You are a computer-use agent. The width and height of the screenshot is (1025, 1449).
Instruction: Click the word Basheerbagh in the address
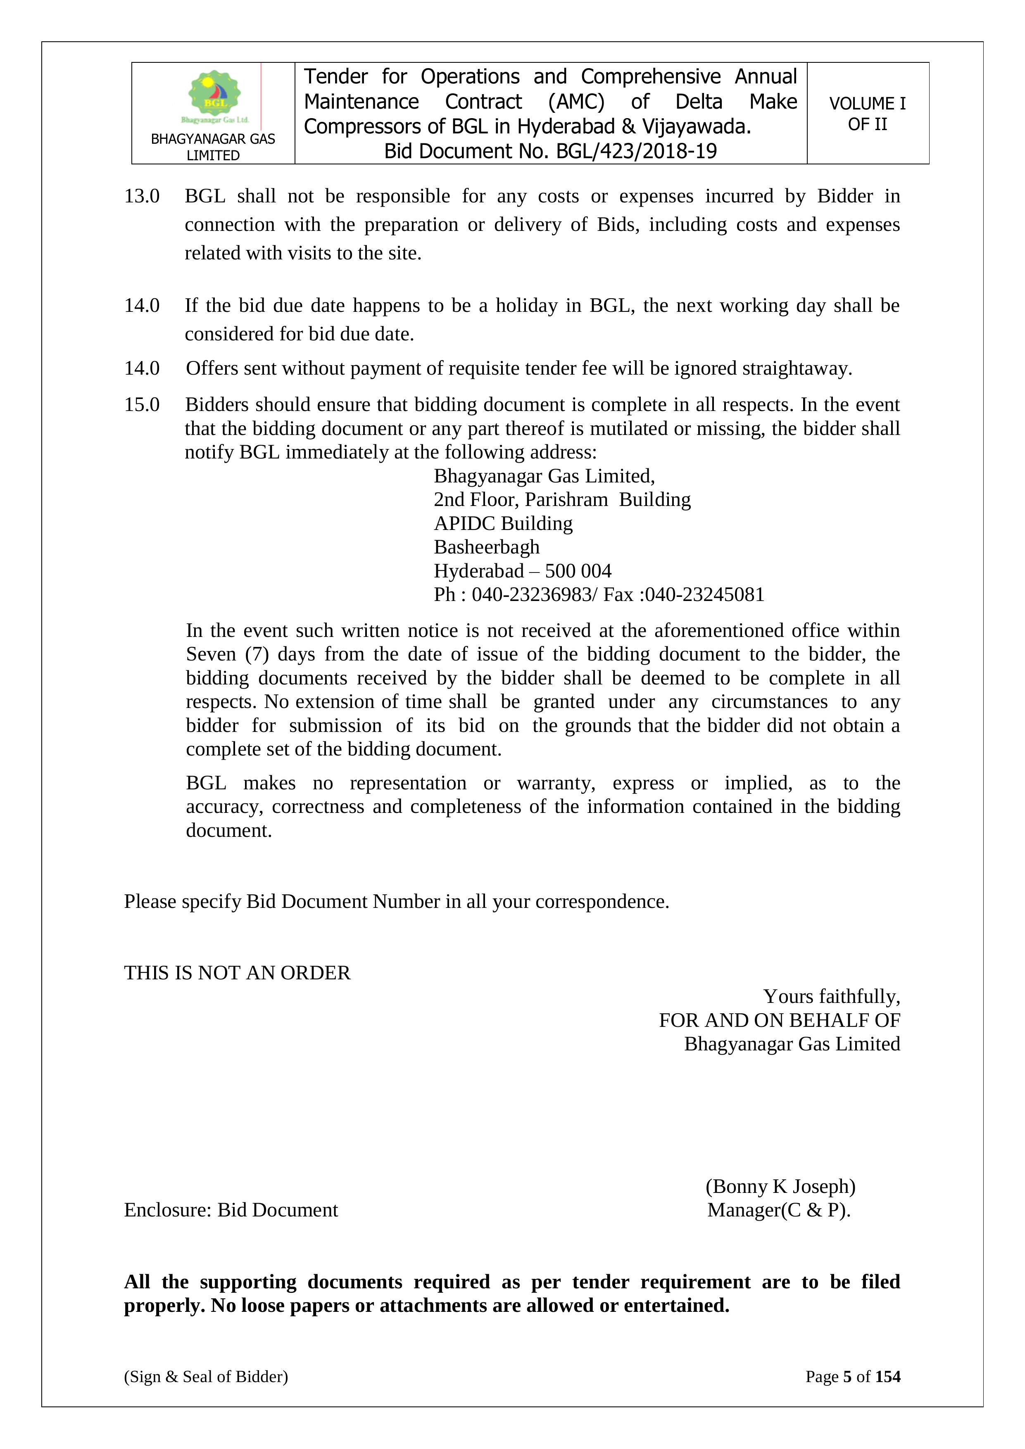coord(487,547)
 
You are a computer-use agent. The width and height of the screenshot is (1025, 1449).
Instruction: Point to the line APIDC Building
coord(503,524)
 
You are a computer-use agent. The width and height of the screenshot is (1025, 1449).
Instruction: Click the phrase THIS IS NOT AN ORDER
coord(237,973)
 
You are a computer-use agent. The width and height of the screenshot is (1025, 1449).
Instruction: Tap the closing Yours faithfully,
coord(831,997)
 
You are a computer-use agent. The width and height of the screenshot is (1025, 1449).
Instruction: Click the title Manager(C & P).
coord(779,1210)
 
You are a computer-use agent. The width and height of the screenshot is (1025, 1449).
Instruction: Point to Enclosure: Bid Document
coord(231,1210)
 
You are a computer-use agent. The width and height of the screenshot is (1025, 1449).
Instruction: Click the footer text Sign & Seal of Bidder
coord(206,1376)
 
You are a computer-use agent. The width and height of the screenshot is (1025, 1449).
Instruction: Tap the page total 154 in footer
coord(887,1376)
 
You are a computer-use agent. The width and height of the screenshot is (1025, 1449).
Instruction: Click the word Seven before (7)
coord(211,654)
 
